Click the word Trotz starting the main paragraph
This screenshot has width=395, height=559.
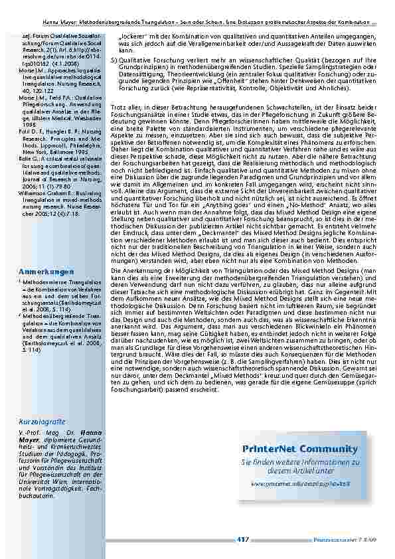(118, 107)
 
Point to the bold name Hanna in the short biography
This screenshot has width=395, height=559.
(91, 432)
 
